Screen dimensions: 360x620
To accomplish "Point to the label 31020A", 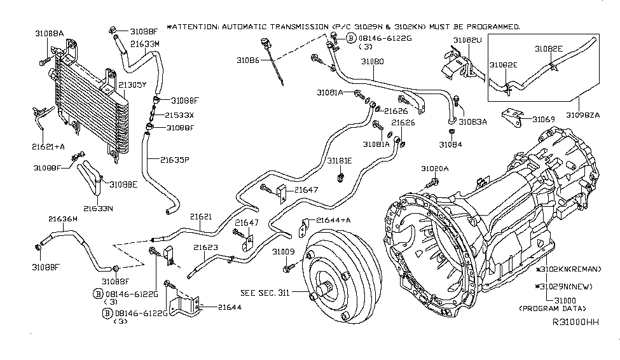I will [x=435, y=169].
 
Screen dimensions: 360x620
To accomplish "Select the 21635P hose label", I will [x=175, y=160].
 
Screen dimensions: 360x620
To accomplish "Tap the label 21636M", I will [x=63, y=219].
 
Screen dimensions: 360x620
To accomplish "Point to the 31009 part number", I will [x=283, y=252].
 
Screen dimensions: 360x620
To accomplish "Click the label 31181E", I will [x=340, y=162].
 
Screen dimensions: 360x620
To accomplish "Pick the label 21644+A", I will [x=334, y=220].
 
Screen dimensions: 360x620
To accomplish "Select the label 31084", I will [x=450, y=144].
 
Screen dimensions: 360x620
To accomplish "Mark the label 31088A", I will [x=49, y=34].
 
